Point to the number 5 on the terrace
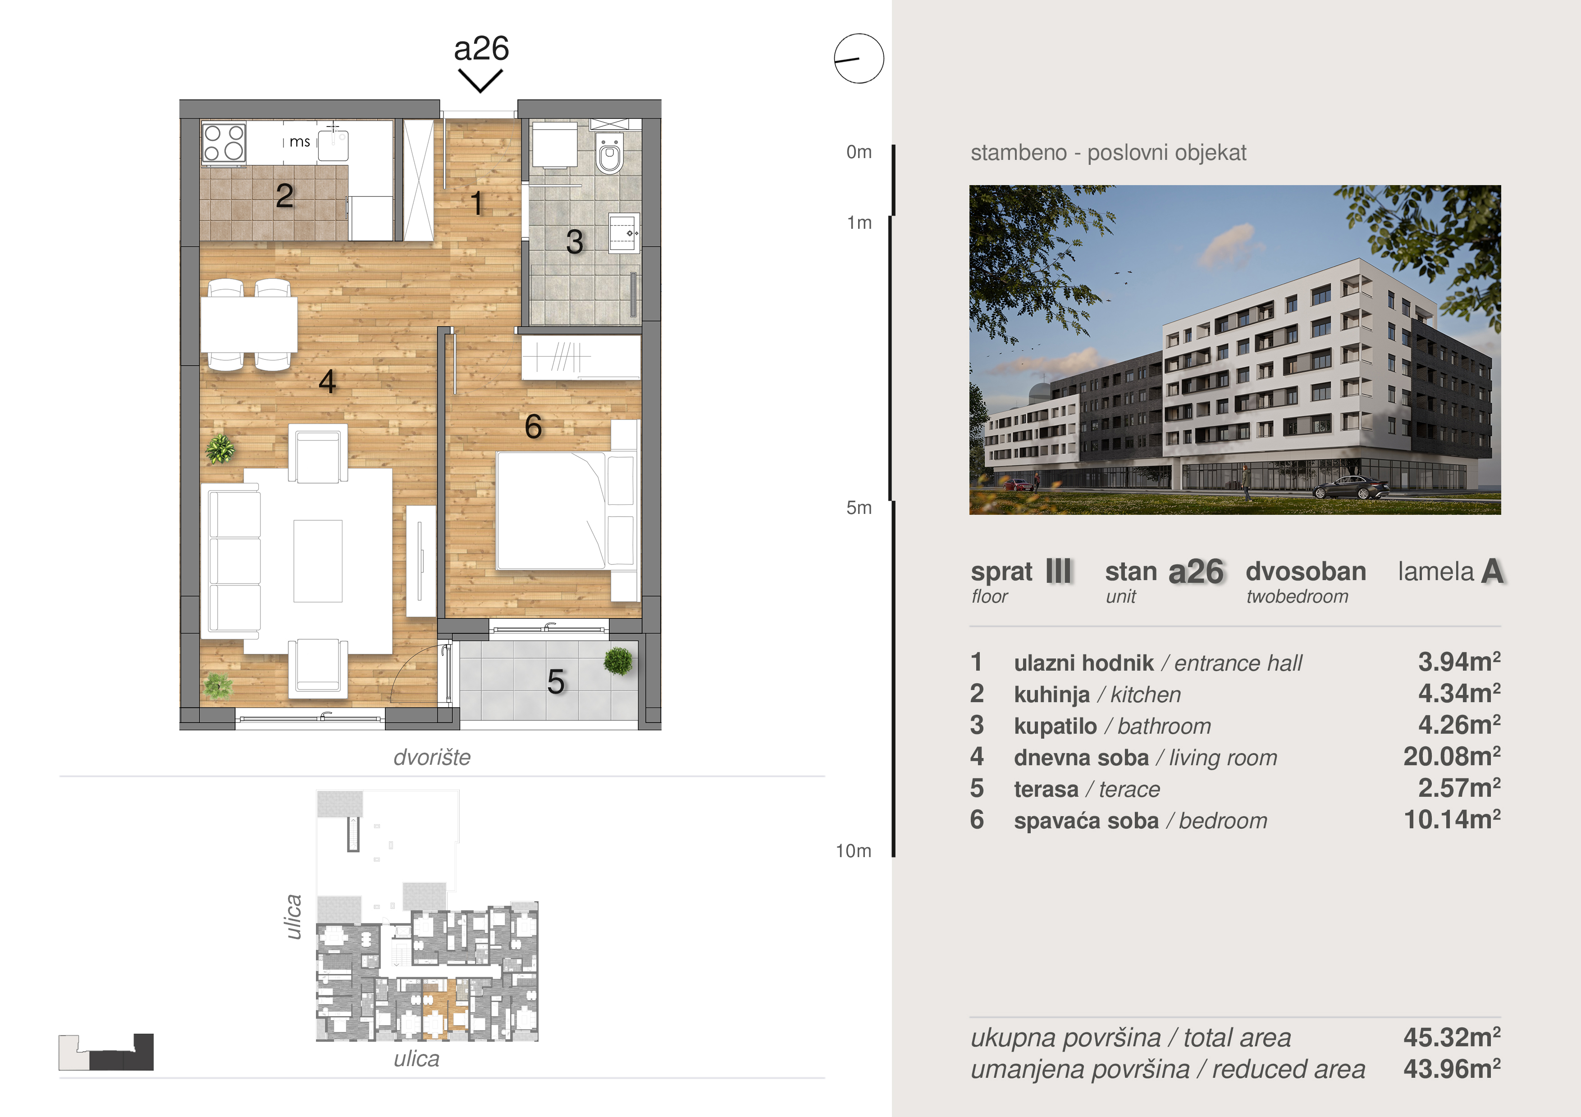[556, 682]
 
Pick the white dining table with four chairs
[249, 325]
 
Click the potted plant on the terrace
[618, 661]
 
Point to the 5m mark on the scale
[859, 508]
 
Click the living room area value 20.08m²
[1452, 756]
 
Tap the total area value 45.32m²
[1452, 1037]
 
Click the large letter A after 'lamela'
[1492, 571]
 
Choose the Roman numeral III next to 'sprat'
[1058, 571]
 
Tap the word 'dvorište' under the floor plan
[432, 757]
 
